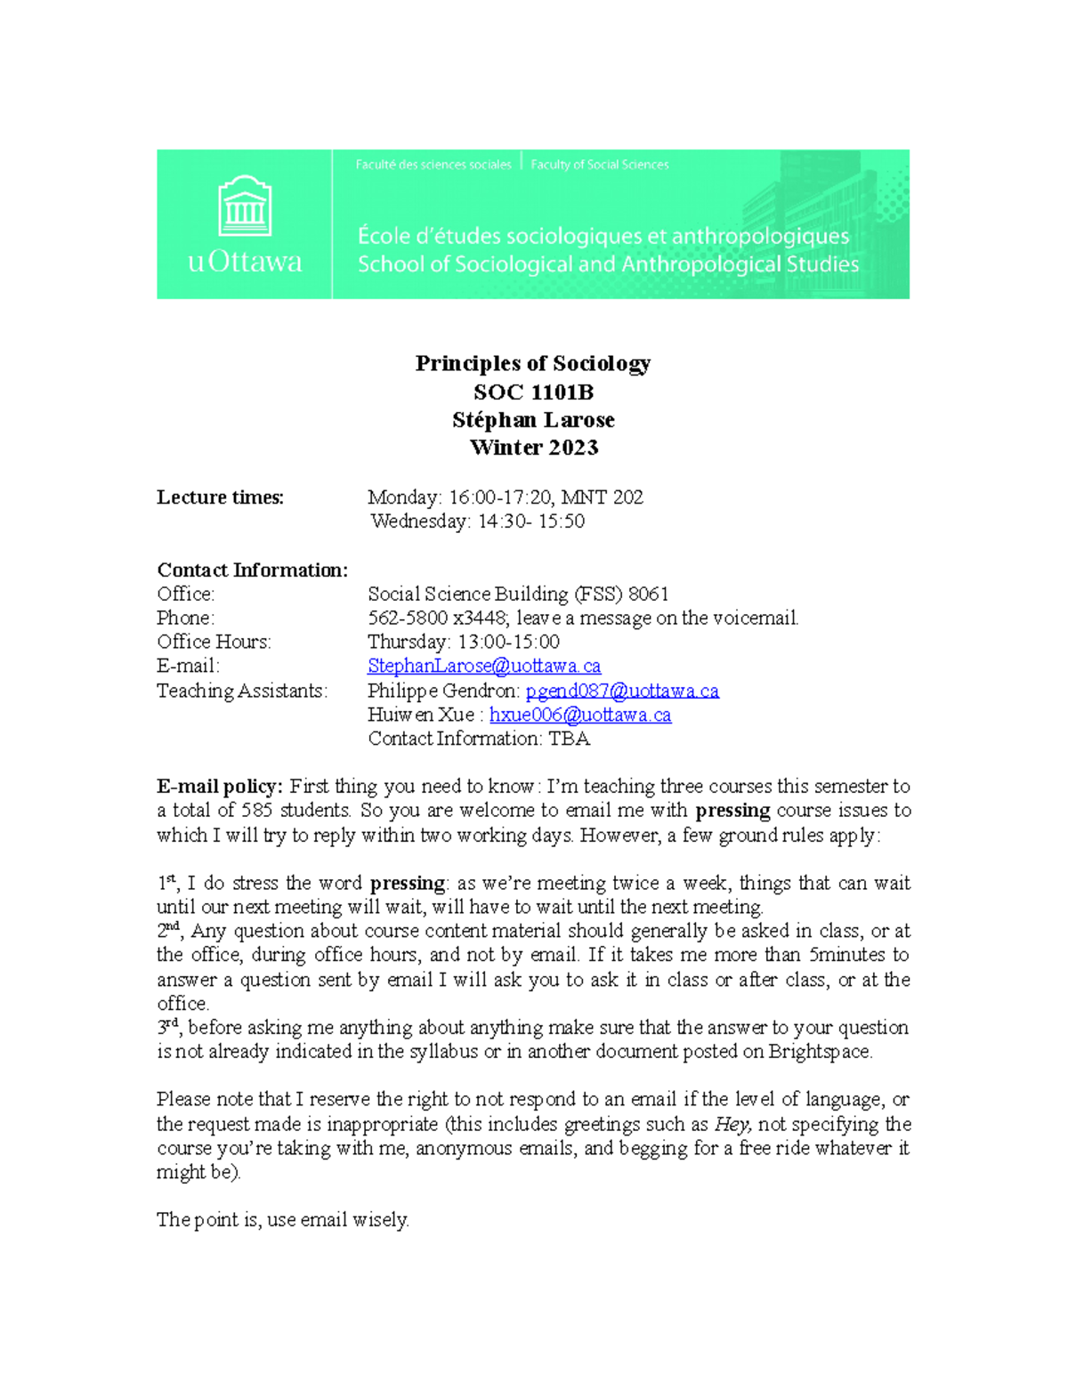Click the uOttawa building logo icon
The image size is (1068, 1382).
pyautogui.click(x=245, y=206)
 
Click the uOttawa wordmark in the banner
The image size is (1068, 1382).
pyautogui.click(x=245, y=262)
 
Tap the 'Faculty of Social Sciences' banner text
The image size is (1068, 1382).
pyautogui.click(x=599, y=165)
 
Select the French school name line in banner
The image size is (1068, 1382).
pyautogui.click(x=603, y=236)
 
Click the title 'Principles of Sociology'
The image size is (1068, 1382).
pyautogui.click(x=532, y=363)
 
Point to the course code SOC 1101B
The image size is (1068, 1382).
pyautogui.click(x=532, y=392)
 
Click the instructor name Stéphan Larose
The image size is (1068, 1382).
pyautogui.click(x=532, y=419)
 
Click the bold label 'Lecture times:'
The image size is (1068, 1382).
pyautogui.click(x=220, y=497)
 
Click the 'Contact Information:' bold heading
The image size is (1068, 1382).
pyautogui.click(x=252, y=570)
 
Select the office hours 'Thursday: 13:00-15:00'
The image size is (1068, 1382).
pyautogui.click(x=463, y=642)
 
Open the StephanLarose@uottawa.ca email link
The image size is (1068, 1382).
pyautogui.click(x=483, y=666)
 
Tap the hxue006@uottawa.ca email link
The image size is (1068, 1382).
pyautogui.click(x=579, y=715)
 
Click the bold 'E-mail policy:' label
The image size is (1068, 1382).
pyautogui.click(x=219, y=787)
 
